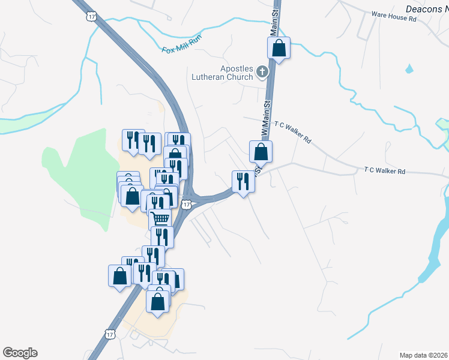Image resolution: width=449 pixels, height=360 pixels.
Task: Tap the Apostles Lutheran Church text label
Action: point(222,73)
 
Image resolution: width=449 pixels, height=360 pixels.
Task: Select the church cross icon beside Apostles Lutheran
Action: point(262,73)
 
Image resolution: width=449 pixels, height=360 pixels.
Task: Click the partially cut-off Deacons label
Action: point(427,9)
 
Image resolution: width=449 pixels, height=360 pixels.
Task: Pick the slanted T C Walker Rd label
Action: point(293,133)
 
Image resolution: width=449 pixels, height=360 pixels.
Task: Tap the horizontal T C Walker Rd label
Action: point(384,171)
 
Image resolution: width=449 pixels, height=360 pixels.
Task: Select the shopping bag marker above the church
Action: point(279,49)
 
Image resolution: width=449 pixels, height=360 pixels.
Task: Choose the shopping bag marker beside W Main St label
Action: point(261,151)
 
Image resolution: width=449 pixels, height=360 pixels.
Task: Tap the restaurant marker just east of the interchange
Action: point(243,181)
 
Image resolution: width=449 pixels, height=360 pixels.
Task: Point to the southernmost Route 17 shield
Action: point(109,333)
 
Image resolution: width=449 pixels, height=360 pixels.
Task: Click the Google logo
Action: point(20,353)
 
